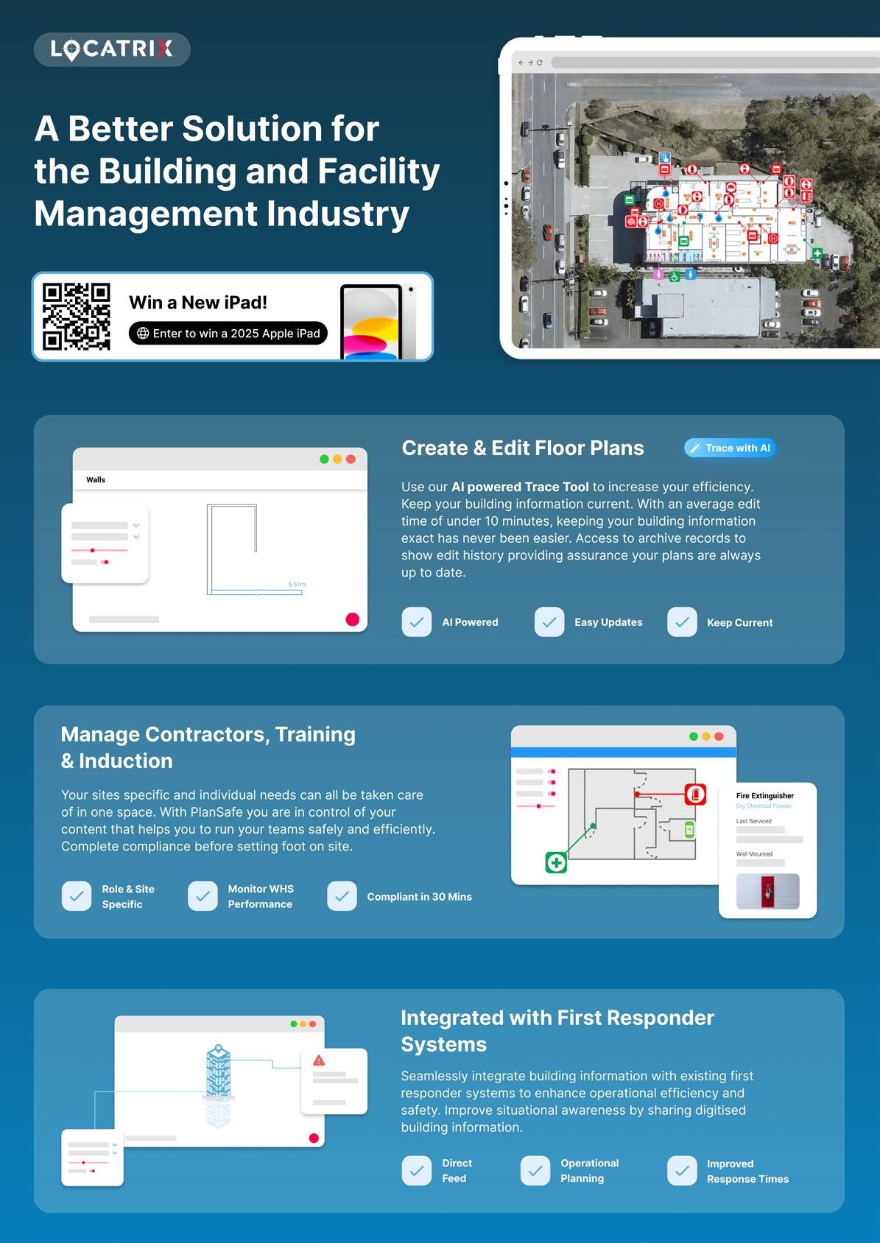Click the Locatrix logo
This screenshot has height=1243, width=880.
click(x=112, y=49)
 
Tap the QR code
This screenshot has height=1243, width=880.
click(x=77, y=317)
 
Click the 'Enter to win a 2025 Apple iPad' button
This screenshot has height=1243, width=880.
click(x=228, y=334)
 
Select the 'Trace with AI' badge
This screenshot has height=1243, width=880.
click(x=730, y=448)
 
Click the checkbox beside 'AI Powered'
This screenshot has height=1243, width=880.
click(x=417, y=622)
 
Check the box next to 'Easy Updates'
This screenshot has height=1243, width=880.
click(x=549, y=622)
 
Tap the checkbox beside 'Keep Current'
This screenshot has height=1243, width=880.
click(x=682, y=622)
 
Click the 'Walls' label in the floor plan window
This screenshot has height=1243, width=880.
click(x=96, y=480)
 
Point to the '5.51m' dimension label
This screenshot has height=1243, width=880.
click(x=297, y=585)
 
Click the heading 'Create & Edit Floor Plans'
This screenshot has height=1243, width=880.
click(x=523, y=448)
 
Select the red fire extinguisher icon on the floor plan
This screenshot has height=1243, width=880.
click(x=695, y=795)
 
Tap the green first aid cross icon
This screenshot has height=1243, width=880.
click(x=556, y=862)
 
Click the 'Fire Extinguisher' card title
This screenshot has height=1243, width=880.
click(x=765, y=796)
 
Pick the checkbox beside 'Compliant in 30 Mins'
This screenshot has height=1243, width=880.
click(x=342, y=896)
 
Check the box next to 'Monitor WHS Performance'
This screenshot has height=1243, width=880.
click(x=203, y=896)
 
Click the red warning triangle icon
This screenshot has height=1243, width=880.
click(x=319, y=1060)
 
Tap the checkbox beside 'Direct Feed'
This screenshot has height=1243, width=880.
click(x=417, y=1171)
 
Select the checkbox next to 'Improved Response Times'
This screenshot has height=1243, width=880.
click(x=682, y=1171)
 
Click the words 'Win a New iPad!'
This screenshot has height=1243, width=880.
click(x=198, y=303)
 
